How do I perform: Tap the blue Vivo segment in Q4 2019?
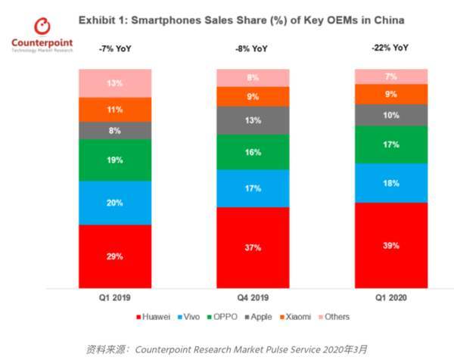coord(252,188)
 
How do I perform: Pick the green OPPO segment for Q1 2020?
coord(390,144)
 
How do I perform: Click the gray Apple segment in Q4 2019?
coord(252,120)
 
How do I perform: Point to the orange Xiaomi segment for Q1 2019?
coord(113,109)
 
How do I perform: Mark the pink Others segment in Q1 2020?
coord(390,76)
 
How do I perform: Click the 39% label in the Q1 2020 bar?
coord(390,246)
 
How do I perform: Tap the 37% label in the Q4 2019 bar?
coord(252,248)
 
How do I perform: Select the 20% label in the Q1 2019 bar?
coord(113,203)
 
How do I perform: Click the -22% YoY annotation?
coord(390,47)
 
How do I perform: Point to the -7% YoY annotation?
coord(113,49)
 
